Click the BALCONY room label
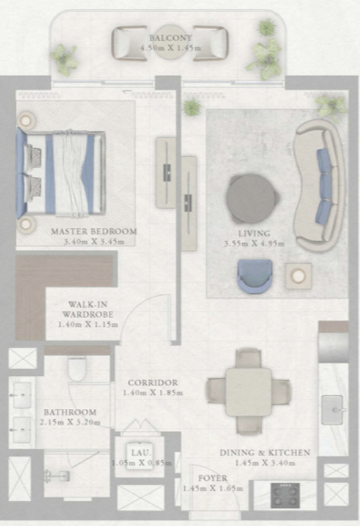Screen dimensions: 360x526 [170, 38]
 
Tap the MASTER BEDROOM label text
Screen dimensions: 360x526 [94, 231]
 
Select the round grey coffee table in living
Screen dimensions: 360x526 [252, 199]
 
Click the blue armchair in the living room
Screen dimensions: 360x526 [255, 277]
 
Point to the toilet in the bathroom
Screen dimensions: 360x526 [77, 368]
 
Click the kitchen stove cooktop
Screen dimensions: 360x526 [285, 494]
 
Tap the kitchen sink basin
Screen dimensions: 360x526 [332, 410]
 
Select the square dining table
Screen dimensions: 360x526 [248, 392]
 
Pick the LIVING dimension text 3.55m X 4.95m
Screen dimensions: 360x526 [254, 244]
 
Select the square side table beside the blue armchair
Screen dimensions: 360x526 [298, 277]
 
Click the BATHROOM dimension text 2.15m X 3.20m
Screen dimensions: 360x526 [70, 423]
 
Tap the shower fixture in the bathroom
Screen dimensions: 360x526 [57, 476]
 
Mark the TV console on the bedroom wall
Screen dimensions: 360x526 [166, 173]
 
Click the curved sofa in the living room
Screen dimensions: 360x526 [319, 184]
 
